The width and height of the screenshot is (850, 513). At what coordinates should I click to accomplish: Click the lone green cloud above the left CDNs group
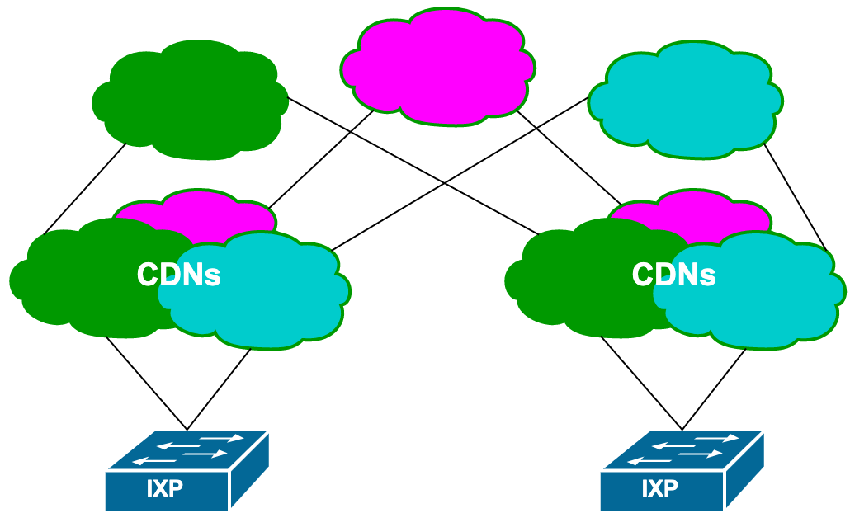[190, 99]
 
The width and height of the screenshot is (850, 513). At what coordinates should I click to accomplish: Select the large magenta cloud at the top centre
[437, 66]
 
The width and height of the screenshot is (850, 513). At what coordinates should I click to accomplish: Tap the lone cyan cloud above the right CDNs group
[685, 99]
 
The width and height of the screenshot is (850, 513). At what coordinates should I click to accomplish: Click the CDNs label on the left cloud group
[179, 275]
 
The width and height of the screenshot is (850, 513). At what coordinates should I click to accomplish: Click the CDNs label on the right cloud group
[674, 275]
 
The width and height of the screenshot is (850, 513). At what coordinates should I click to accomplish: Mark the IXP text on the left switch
[165, 488]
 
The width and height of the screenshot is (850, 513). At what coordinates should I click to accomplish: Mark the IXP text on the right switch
[660, 488]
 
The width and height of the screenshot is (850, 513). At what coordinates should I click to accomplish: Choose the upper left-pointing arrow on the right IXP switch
[672, 445]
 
